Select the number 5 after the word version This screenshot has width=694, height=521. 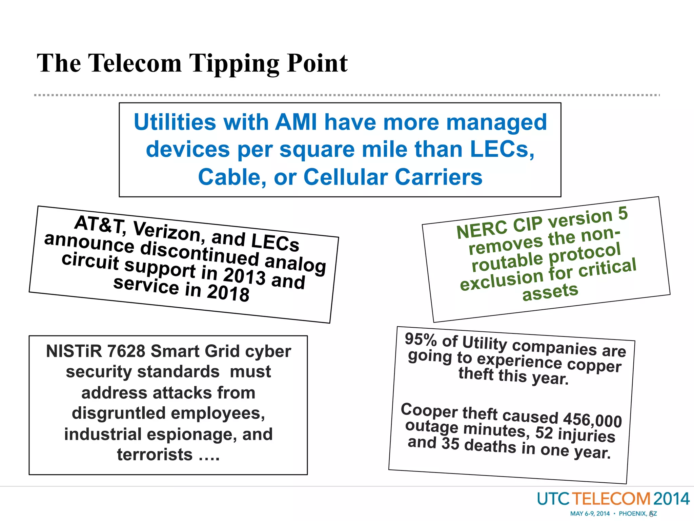pyautogui.click(x=622, y=214)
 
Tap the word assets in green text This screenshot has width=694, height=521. pyautogui.click(x=550, y=292)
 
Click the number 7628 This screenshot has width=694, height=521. pyautogui.click(x=126, y=351)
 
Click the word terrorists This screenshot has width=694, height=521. pyautogui.click(x=155, y=455)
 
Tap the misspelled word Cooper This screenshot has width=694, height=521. pyautogui.click(x=429, y=410)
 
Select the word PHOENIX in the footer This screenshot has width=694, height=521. pyautogui.click(x=632, y=514)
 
